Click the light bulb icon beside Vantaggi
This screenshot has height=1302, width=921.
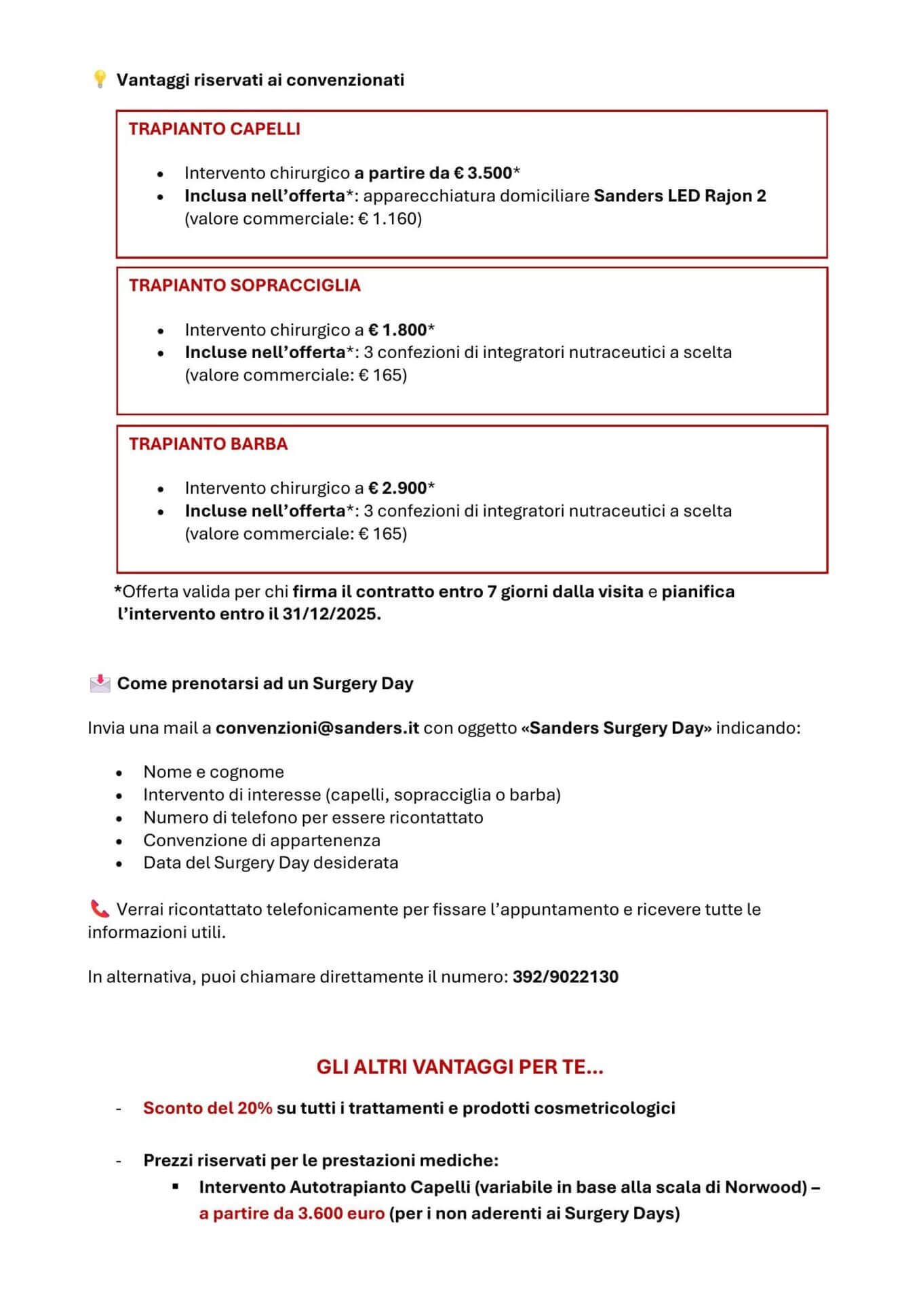click(x=99, y=79)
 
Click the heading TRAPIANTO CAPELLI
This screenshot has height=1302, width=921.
click(x=214, y=129)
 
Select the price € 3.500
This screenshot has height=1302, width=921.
click(x=483, y=173)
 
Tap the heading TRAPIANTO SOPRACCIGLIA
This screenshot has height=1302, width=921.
click(x=244, y=285)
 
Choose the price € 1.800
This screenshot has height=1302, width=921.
click(x=397, y=330)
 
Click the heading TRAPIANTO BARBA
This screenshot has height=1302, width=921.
click(x=208, y=443)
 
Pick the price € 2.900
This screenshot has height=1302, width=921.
click(x=397, y=488)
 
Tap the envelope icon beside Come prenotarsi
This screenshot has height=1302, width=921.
click(x=100, y=683)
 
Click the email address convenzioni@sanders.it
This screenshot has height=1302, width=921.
click(x=317, y=728)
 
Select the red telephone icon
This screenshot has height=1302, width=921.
click(x=99, y=909)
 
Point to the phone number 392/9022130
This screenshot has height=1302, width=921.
click(x=565, y=976)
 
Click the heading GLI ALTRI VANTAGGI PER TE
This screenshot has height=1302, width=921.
click(x=459, y=1067)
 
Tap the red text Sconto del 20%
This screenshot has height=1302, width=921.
click(x=208, y=1107)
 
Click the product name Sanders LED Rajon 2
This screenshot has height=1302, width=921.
click(x=680, y=195)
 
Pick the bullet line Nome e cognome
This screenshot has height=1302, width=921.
click(x=213, y=772)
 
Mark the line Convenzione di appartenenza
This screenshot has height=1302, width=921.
click(x=261, y=840)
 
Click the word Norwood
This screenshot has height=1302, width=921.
click(x=765, y=1187)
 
